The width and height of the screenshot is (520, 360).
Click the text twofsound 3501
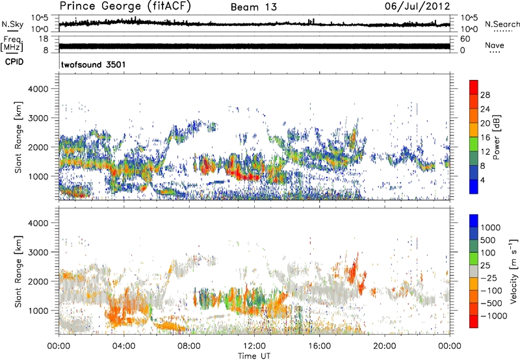[x=93, y=65]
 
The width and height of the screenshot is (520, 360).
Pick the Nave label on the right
[x=494, y=45]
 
